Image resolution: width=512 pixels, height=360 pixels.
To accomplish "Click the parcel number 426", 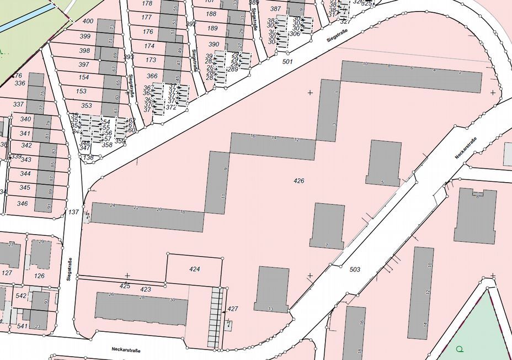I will (299, 181).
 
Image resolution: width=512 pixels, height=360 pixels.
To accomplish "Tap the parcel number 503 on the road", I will (355, 269).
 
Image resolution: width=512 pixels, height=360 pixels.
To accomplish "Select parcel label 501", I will (287, 61).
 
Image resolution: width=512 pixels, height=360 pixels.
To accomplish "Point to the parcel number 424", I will (194, 269).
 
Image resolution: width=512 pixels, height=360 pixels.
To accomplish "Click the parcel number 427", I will (233, 309).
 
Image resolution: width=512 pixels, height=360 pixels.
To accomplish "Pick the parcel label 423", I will (146, 289).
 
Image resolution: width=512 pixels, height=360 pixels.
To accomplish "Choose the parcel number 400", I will (87, 21).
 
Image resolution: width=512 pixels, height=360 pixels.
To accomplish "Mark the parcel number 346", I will (23, 203).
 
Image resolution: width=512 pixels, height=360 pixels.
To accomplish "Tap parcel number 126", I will (39, 276).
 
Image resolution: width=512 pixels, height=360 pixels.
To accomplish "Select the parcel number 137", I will (74, 211).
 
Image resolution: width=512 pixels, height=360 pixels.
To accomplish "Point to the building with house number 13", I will (271, 289).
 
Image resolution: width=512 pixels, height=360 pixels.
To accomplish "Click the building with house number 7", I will (328, 225).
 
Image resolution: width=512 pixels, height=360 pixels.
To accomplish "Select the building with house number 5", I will (383, 162).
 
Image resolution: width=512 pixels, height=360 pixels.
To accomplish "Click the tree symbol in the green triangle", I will (460, 349).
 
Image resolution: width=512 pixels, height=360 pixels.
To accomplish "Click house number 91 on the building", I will (49, 207).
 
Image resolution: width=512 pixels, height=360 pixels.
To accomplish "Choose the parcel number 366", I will (152, 76).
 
